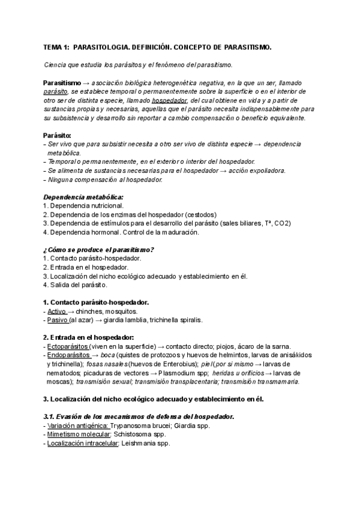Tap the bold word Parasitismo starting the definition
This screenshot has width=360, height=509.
click(62, 82)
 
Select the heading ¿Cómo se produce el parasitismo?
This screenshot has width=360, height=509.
click(98, 249)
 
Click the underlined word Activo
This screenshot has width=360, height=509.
click(56, 311)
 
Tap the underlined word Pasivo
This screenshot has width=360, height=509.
click(57, 320)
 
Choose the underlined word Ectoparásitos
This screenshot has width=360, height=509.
click(67, 346)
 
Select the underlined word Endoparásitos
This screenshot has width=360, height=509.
click(68, 355)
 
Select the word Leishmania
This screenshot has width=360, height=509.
click(140, 444)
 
